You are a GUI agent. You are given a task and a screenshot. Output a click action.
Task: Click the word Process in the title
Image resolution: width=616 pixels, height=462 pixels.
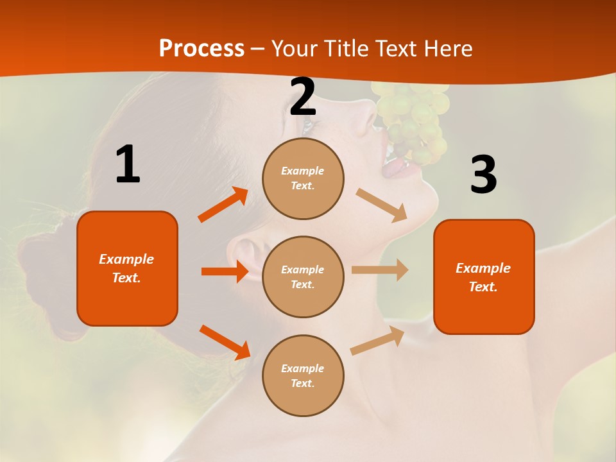pos(201,48)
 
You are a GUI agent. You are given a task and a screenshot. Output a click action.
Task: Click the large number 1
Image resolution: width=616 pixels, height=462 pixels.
pos(128,165)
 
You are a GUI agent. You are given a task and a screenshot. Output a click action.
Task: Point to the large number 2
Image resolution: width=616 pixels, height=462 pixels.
pos(303,97)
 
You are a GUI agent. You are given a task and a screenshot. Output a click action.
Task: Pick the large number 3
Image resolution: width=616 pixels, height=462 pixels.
pos(483,175)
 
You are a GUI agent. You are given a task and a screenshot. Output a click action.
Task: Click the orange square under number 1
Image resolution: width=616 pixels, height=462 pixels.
pos(127,268)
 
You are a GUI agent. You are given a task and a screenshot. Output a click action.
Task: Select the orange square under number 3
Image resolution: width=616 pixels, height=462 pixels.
pos(484,277)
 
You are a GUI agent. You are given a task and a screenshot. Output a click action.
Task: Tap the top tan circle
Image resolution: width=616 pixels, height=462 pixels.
pos(303,178)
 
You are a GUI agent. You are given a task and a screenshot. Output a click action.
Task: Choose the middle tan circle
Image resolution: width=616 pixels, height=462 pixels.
pos(303,277)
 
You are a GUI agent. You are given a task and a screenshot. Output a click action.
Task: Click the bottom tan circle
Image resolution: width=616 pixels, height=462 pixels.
pos(303,375)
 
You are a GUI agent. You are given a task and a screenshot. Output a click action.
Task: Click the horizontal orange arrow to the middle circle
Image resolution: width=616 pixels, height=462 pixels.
pos(225,271)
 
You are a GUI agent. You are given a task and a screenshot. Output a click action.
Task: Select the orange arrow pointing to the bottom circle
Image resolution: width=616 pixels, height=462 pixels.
pos(225,342)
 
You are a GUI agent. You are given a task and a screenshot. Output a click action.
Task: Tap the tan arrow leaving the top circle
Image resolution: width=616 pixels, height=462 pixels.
pos(381,205)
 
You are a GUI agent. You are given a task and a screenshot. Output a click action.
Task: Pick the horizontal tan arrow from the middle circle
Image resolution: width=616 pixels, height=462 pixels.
pos(379,269)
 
